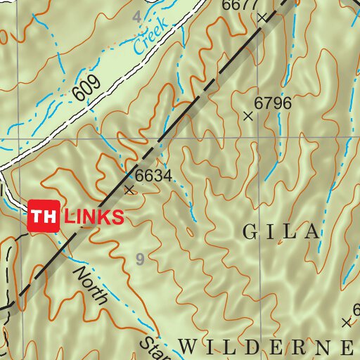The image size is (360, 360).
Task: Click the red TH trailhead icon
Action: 44,216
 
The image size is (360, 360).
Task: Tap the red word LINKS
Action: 94,217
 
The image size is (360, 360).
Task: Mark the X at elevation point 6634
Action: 129,189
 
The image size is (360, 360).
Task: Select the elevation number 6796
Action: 273,103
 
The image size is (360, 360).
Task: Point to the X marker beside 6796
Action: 247,116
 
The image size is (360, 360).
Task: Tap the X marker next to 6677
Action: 262,17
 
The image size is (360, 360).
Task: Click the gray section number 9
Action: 140,260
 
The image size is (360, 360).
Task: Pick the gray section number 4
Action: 136,15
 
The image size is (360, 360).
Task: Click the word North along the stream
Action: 90,285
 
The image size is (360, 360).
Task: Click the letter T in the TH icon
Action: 38,216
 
